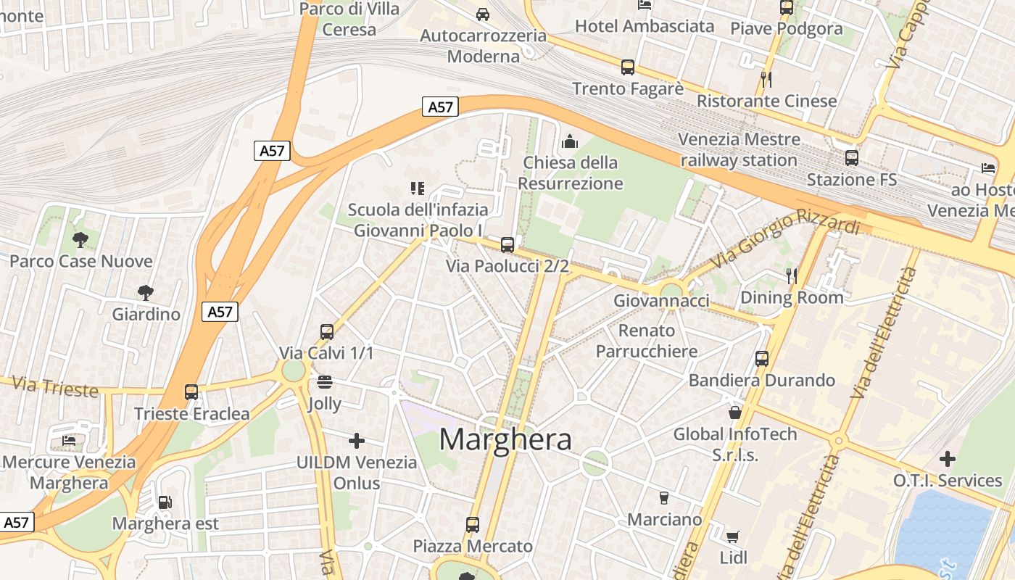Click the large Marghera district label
[x=505, y=439]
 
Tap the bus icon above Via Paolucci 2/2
[x=507, y=245]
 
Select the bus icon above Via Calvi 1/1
[x=327, y=332]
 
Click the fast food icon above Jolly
[x=324, y=382]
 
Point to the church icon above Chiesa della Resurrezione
[x=570, y=141]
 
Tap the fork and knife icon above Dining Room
[x=792, y=275]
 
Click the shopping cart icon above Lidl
[x=733, y=536]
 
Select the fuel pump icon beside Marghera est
[x=165, y=502]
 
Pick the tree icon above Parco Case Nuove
[x=80, y=239]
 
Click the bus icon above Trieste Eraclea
[x=191, y=392]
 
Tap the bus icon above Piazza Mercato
[x=473, y=524]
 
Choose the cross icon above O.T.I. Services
[x=947, y=459]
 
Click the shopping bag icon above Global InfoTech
[x=735, y=413]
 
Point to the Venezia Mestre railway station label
[x=739, y=149]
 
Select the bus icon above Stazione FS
[x=852, y=157]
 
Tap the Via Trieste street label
[x=55, y=386]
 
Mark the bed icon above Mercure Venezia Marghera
[x=69, y=440]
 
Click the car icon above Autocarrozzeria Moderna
[x=483, y=14]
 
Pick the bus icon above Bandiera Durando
[x=761, y=358]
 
